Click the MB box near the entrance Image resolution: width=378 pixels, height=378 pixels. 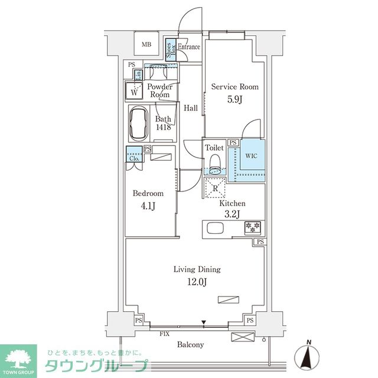coord(145,43)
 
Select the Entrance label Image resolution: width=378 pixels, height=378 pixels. coord(189,47)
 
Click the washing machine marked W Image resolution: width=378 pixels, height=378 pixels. coord(135,92)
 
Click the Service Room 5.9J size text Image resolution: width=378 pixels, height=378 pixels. coord(235,99)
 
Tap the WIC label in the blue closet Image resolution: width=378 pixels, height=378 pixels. coord(251,156)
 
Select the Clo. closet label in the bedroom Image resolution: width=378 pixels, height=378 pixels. coord(133,158)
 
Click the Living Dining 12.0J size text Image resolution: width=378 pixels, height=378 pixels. coord(197,282)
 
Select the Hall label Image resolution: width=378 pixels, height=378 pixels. coord(190,108)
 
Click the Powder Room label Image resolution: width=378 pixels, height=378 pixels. coord(159,90)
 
